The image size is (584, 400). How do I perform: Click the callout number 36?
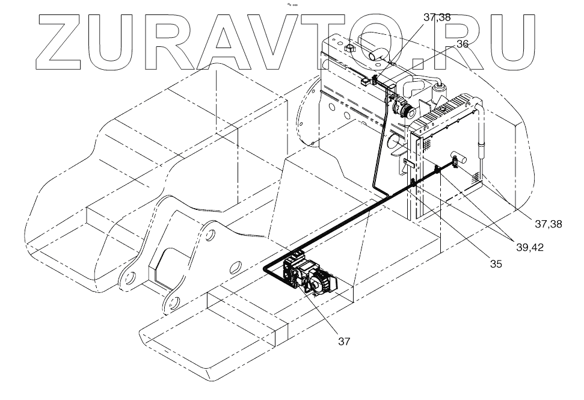point(463,44)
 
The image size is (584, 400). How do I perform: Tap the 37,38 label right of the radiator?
point(549,224)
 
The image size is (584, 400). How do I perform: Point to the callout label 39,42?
point(529,247)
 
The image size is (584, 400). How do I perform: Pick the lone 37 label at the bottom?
point(344,341)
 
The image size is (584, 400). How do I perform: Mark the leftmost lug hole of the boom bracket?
point(128,278)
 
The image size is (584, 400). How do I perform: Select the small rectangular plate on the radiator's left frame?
point(410,162)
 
